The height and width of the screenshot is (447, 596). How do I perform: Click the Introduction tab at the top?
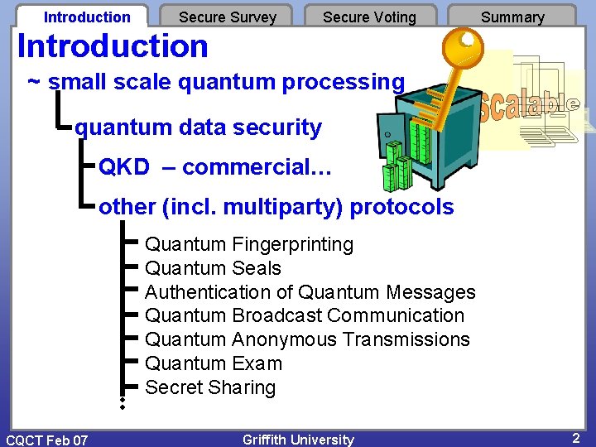click(x=87, y=17)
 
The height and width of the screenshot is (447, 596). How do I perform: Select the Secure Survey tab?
click(x=228, y=17)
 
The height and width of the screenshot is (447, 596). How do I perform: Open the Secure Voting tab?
click(x=369, y=17)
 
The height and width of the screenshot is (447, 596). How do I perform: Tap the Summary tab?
click(x=512, y=17)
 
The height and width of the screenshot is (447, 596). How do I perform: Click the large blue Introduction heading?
click(x=113, y=46)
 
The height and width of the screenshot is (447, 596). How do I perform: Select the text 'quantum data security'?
click(x=198, y=127)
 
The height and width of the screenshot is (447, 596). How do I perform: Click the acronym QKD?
click(x=124, y=167)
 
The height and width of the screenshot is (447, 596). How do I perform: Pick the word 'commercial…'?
click(x=257, y=167)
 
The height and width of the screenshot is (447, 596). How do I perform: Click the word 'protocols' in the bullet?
click(x=401, y=207)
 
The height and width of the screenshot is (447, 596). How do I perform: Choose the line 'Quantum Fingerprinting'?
click(x=249, y=244)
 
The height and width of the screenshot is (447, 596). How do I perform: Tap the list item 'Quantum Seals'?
click(x=213, y=268)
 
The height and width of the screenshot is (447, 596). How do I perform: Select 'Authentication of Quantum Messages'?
click(x=310, y=292)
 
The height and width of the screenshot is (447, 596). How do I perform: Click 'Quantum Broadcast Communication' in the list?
click(x=305, y=315)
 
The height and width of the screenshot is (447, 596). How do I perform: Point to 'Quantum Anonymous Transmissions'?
click(x=307, y=339)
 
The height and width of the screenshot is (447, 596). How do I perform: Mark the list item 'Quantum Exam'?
click(x=214, y=363)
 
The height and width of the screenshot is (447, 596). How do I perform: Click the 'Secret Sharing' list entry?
click(x=210, y=387)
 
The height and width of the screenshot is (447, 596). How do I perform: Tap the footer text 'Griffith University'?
click(x=298, y=440)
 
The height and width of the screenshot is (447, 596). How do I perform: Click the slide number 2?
click(x=575, y=438)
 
